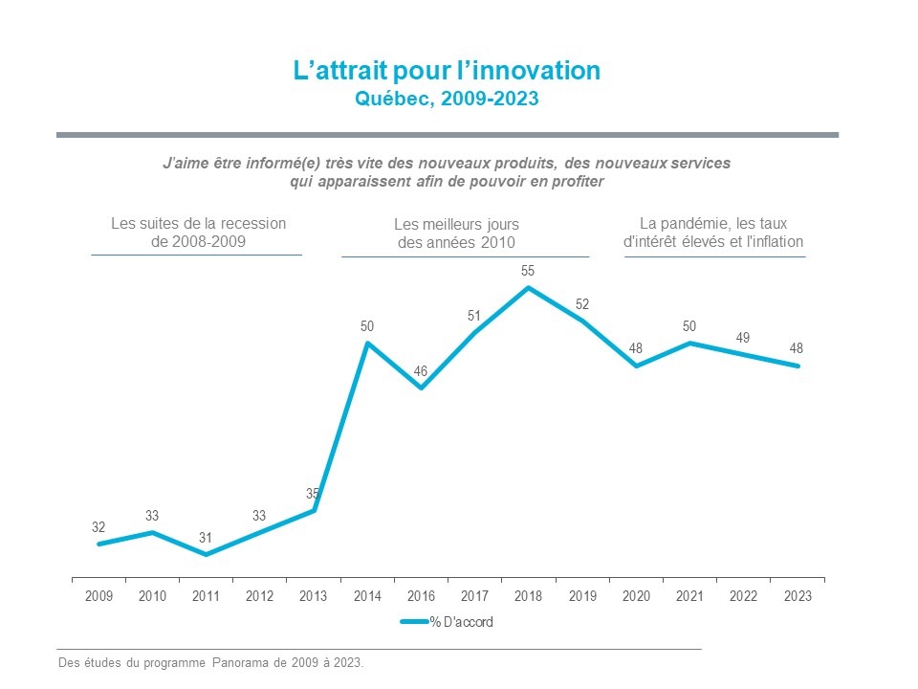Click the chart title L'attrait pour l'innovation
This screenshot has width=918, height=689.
tap(447, 72)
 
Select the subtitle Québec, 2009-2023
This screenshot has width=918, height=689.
tap(447, 99)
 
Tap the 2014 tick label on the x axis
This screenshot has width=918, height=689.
tap(367, 596)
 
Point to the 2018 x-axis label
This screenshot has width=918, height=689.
tap(529, 596)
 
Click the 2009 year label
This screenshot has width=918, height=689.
tap(98, 596)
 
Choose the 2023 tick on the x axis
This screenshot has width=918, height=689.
tap(798, 596)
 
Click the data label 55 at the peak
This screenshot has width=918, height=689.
tap(528, 272)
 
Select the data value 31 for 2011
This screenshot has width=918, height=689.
tap(206, 538)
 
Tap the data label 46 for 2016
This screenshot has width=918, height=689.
tap(421, 371)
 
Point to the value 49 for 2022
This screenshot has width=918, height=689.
tap(743, 338)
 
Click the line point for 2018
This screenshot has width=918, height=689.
tap(528, 287)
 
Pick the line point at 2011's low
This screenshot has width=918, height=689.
tap(206, 555)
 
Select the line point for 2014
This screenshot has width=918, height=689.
tap(367, 343)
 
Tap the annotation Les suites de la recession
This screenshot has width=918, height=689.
tap(198, 233)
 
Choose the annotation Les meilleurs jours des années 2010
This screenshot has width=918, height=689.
tap(456, 233)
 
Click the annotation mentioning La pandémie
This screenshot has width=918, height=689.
tap(713, 233)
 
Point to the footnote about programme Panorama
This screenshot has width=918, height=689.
tap(211, 663)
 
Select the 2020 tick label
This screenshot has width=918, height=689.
tap(636, 596)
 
